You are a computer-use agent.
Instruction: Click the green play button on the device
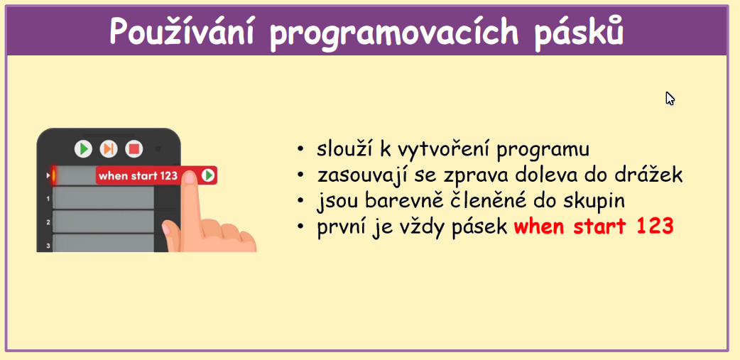pos(84,149)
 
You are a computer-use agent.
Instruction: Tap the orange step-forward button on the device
pos(109,149)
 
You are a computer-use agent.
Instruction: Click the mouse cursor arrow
pos(670,98)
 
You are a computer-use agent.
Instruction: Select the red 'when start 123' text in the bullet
pos(593,227)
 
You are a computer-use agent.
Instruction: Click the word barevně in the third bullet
pos(401,201)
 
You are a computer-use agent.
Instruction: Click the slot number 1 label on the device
pos(48,199)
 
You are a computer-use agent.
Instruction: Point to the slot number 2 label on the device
pos(48,222)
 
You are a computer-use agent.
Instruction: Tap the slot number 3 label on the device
pos(48,246)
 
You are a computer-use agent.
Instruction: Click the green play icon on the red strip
pos(207,175)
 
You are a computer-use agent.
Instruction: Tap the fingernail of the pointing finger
pos(190,178)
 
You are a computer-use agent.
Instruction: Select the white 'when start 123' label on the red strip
pos(138,176)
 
